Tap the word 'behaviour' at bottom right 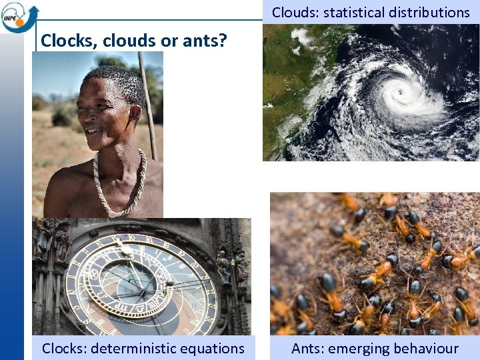coord(427,348)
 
